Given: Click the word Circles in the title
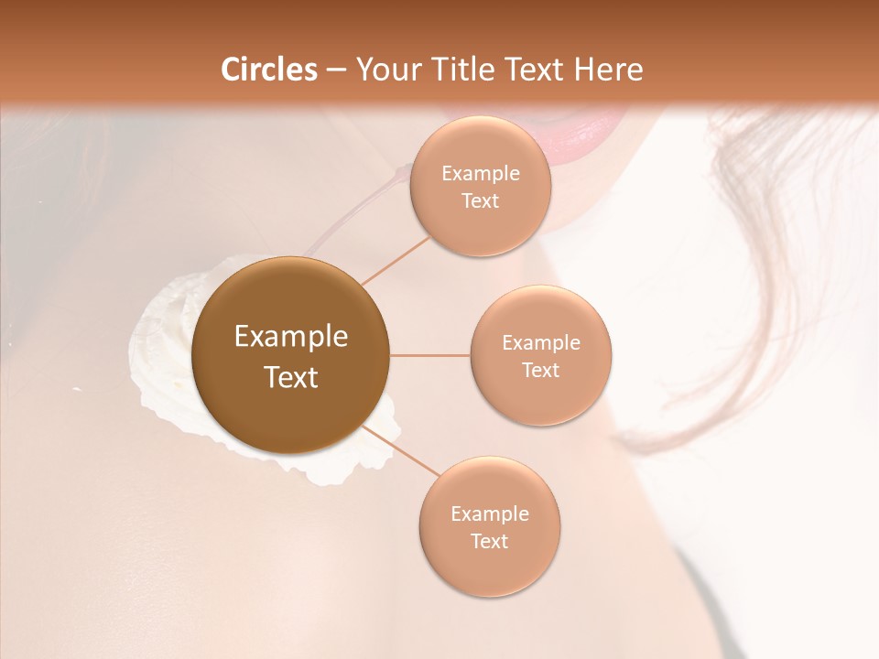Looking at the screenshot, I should (269, 70).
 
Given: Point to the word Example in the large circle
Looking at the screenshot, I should (291, 337).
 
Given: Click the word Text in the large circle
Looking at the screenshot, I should (291, 377).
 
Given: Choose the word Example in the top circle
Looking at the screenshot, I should (481, 174).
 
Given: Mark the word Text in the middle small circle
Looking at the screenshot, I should (540, 371).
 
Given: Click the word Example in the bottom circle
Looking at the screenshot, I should (489, 514).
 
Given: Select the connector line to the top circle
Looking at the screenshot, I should (396, 259).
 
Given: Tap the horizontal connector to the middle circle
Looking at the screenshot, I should (430, 354).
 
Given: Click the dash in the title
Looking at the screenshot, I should (336, 70).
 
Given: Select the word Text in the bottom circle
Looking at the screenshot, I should (489, 542).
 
